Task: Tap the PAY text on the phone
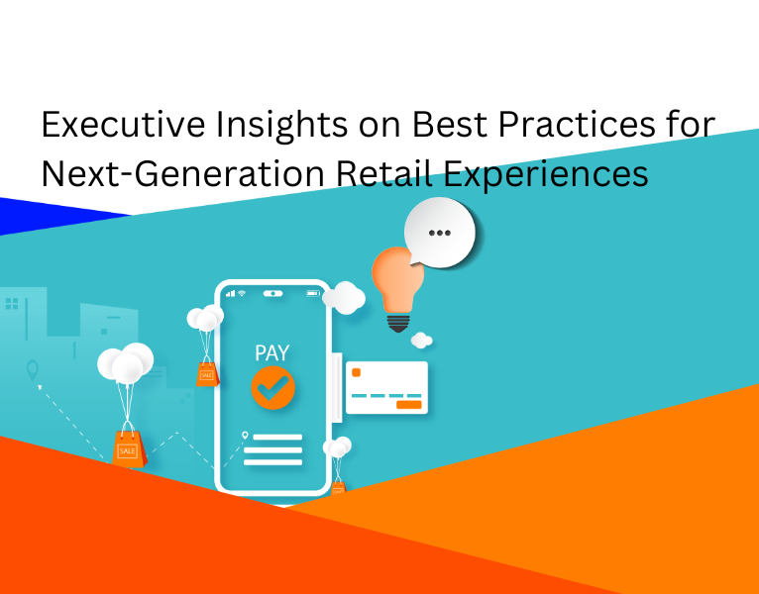(x=272, y=353)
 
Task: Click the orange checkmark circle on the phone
(x=272, y=388)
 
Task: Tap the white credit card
(x=387, y=387)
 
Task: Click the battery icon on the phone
(x=313, y=293)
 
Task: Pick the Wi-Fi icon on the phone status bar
(x=241, y=293)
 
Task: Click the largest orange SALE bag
(x=129, y=449)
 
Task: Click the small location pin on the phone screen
(x=245, y=436)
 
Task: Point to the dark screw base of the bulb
(x=396, y=322)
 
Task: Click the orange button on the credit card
(x=408, y=404)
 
